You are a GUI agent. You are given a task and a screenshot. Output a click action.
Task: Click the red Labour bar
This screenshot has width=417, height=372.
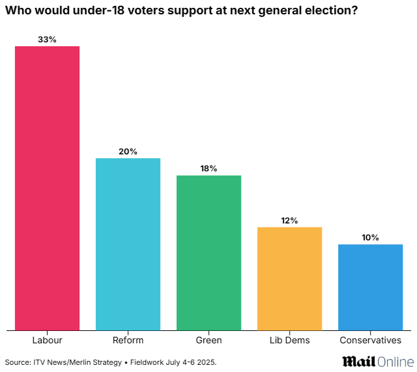click(x=47, y=188)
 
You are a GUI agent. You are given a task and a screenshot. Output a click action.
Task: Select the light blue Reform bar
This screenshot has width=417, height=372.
click(x=128, y=244)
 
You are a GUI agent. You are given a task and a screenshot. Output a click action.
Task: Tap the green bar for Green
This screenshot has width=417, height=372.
click(x=208, y=253)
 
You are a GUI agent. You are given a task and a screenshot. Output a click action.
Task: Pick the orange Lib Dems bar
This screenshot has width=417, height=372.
click(x=289, y=279)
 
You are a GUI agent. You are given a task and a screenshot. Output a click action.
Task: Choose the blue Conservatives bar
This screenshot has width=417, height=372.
click(x=370, y=287)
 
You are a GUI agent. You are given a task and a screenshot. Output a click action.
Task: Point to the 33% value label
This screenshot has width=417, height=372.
click(x=47, y=39)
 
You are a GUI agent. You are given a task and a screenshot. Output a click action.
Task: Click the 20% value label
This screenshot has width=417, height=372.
click(x=128, y=152)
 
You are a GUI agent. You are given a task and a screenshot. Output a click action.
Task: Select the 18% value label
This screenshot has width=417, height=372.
click(x=208, y=169)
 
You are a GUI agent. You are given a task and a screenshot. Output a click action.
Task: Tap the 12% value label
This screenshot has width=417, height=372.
click(x=289, y=221)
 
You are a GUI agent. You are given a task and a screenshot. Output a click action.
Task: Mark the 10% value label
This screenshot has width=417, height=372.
click(x=370, y=238)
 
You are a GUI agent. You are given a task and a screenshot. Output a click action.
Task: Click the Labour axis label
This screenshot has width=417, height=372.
click(x=47, y=340)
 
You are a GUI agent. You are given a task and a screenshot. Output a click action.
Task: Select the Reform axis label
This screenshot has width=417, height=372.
click(x=128, y=340)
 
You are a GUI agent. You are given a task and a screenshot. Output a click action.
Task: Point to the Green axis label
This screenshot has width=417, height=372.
click(x=208, y=340)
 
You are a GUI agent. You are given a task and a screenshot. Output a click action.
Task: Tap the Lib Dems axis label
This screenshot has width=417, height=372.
click(x=289, y=340)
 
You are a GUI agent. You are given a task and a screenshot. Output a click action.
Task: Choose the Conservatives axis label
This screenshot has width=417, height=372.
click(x=370, y=340)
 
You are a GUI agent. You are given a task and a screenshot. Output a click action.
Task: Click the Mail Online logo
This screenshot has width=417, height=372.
click(x=377, y=361)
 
